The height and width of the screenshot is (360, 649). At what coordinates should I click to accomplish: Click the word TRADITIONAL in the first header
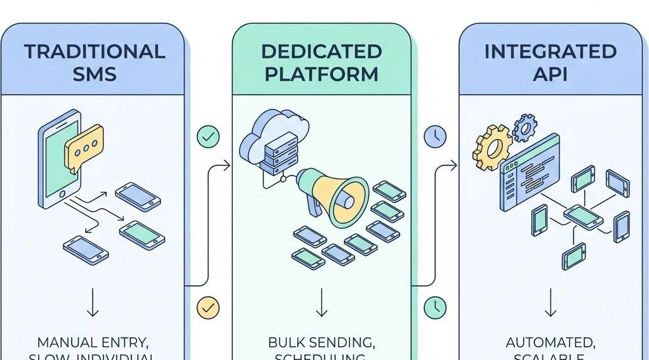(x=94, y=52)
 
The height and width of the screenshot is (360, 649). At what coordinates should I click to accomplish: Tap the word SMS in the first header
(x=94, y=74)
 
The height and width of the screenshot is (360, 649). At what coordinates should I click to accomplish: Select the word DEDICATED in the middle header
(x=322, y=52)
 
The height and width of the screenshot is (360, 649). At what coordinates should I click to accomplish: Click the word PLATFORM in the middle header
(x=322, y=74)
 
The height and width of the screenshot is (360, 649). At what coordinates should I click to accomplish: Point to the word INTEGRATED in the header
(x=551, y=52)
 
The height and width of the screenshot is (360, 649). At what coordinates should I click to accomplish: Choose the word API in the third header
(x=551, y=74)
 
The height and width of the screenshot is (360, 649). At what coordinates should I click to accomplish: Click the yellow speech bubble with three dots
(x=84, y=145)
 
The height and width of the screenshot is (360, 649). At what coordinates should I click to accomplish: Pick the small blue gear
(x=524, y=128)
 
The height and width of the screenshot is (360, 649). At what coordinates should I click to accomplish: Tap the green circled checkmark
(x=208, y=137)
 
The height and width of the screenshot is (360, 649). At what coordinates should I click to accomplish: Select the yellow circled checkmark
(x=208, y=307)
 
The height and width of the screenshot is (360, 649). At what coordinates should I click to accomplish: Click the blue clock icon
(x=435, y=137)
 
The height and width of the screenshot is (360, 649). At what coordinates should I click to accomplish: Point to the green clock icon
(x=435, y=307)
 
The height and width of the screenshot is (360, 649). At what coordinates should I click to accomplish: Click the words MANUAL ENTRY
(x=93, y=343)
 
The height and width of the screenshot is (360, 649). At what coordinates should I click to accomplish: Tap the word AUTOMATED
(x=551, y=343)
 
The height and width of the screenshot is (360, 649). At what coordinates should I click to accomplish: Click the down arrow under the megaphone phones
(x=322, y=303)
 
